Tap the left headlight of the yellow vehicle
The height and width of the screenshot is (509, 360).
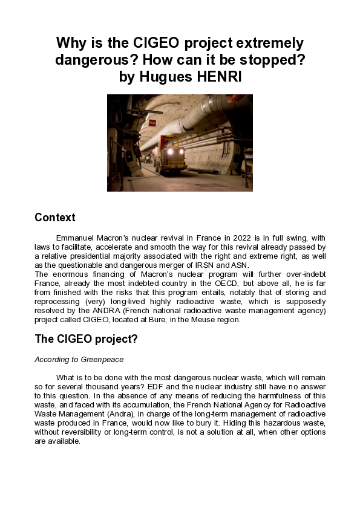[x=169, y=152]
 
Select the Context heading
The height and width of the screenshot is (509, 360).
[x=55, y=218]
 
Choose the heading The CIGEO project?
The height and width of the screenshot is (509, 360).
[x=86, y=339]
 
